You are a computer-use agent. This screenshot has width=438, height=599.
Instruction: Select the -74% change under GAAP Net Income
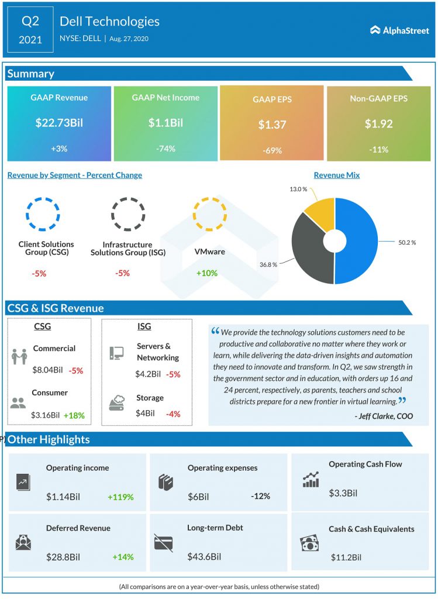(x=165, y=149)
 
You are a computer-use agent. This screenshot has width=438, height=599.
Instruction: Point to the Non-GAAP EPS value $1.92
(x=378, y=124)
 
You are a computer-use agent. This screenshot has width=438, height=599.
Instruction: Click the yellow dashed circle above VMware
(x=209, y=214)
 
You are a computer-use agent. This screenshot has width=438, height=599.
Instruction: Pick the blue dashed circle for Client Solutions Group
(x=43, y=214)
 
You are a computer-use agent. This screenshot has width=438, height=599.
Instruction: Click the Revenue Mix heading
(x=337, y=175)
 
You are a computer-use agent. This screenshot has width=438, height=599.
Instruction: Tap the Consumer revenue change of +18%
(x=74, y=415)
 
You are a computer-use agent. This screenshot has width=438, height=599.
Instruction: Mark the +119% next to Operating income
(x=120, y=497)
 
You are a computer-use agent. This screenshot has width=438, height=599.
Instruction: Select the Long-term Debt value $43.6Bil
(x=204, y=556)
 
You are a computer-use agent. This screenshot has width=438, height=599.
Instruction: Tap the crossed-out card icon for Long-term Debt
(x=163, y=543)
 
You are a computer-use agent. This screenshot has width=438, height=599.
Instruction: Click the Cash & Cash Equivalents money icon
(x=309, y=543)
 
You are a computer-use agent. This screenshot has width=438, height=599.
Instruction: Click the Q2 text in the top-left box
(x=30, y=22)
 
